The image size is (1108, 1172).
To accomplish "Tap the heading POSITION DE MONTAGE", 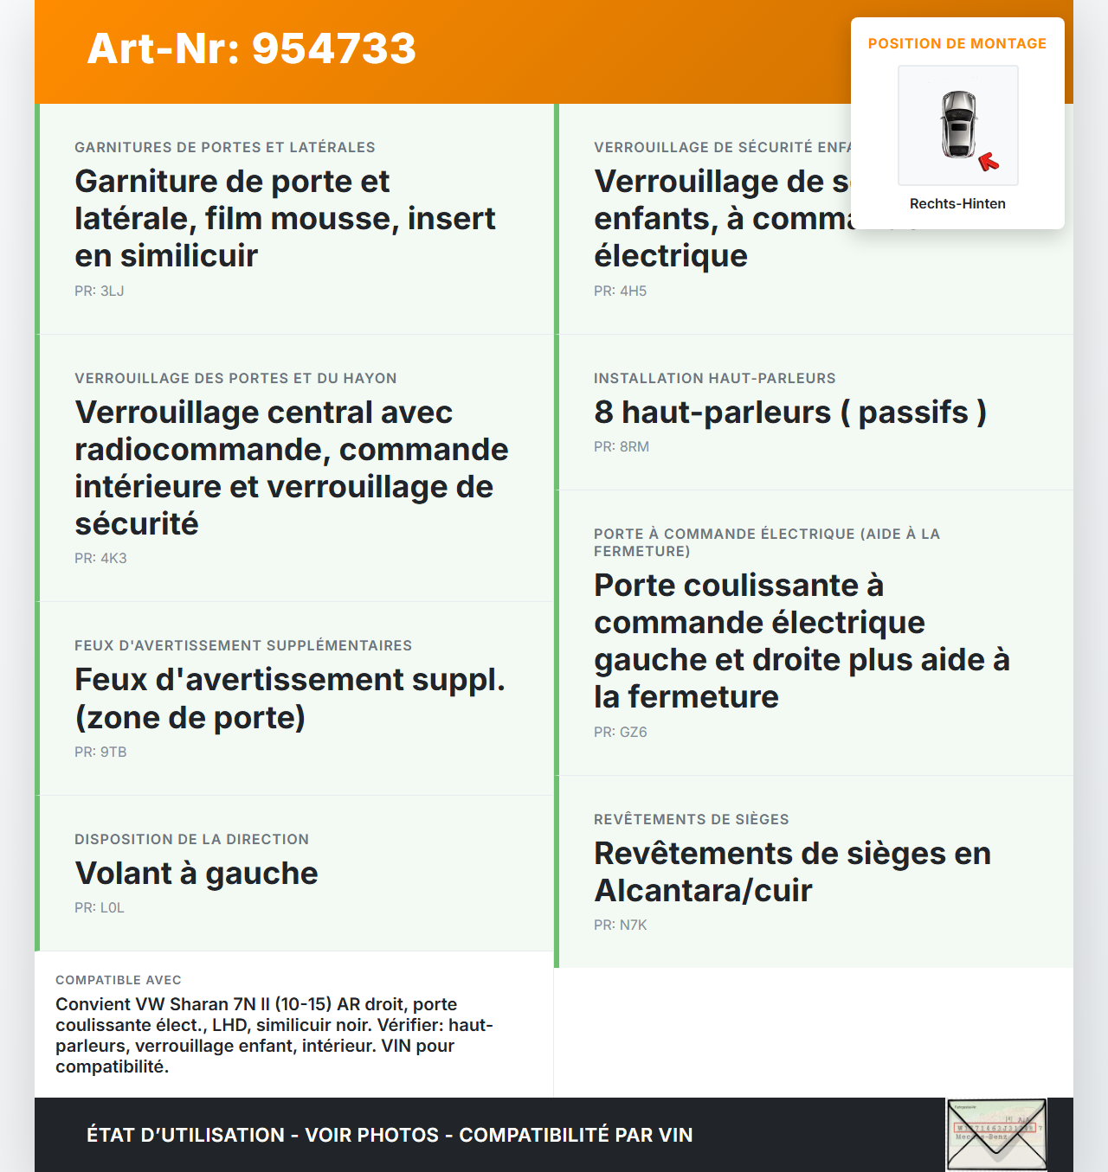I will [x=957, y=43].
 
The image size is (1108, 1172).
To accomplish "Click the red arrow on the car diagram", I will [x=988, y=162].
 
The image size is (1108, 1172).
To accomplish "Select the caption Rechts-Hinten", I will [x=957, y=203].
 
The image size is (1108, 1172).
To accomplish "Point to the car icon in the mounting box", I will [x=958, y=124].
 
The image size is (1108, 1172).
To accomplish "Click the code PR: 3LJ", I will [x=100, y=291].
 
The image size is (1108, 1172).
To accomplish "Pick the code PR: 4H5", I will [x=620, y=291].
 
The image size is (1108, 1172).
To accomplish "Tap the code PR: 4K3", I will [x=100, y=559].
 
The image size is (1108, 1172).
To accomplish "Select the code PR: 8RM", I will [x=622, y=447].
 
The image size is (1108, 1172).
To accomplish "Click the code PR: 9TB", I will [x=100, y=753].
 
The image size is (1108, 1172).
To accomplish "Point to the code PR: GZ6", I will [x=620, y=733].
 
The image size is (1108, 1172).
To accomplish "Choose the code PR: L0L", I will [x=100, y=908].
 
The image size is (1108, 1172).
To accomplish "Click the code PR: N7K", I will [x=620, y=925].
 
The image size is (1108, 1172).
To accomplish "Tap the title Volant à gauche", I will [x=196, y=874].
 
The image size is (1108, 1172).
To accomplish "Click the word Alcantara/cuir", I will [x=703, y=891].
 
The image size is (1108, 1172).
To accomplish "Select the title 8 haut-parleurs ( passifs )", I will [x=789, y=413].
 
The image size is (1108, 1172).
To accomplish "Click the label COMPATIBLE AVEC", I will [x=119, y=980].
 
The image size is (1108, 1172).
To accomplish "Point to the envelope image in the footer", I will [x=996, y=1133].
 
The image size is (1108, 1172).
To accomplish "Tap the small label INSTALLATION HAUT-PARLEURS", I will [x=714, y=378].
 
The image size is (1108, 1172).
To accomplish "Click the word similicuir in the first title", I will [x=189, y=256].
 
